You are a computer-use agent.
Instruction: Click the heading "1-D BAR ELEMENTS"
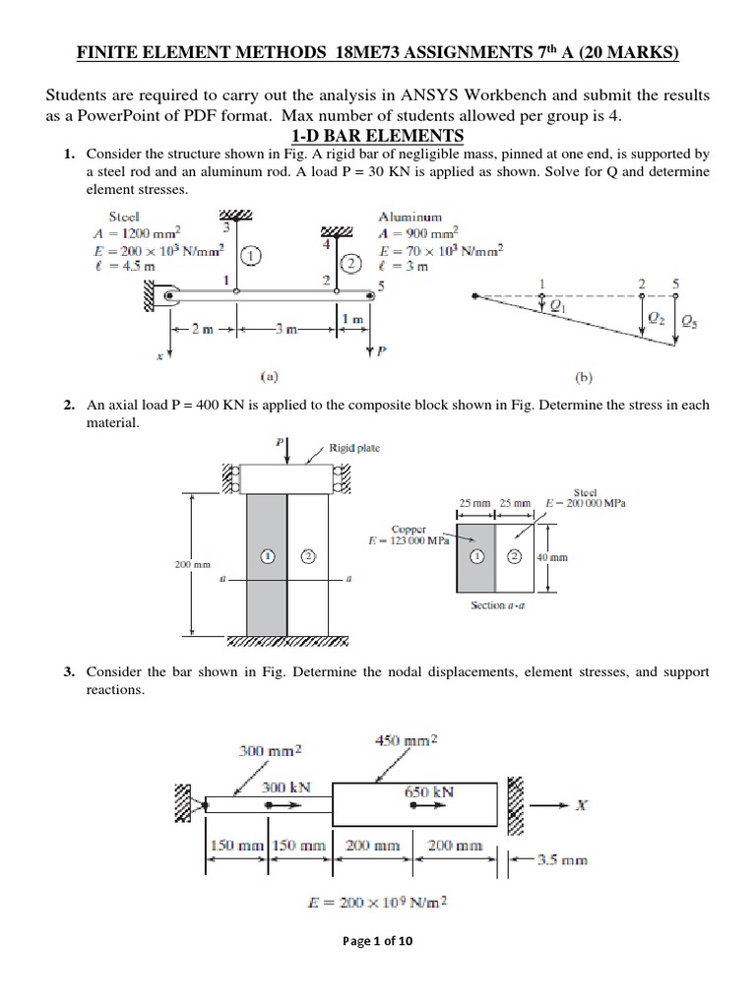(x=377, y=135)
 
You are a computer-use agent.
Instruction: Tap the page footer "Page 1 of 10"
(x=378, y=940)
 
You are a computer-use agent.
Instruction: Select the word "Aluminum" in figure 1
(x=409, y=217)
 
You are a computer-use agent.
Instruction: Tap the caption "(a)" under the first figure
(x=267, y=375)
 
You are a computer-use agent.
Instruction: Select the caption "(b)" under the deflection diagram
(x=581, y=375)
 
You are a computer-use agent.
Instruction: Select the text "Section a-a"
(x=501, y=604)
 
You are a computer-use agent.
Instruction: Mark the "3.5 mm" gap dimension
(x=565, y=858)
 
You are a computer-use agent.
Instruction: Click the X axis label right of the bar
(x=581, y=804)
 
